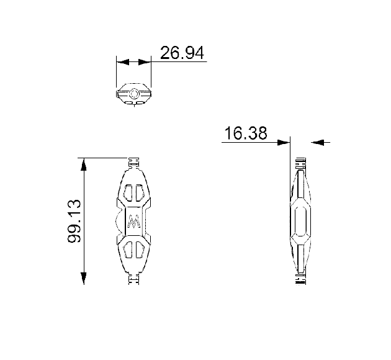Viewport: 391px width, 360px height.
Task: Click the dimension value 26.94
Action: (x=182, y=53)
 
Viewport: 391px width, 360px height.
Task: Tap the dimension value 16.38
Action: (x=246, y=133)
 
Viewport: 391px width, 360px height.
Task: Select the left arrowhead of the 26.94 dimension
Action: (x=123, y=62)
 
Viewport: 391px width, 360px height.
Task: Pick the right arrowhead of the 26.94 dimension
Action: (x=145, y=62)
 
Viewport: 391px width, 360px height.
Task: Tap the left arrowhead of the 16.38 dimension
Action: (x=284, y=143)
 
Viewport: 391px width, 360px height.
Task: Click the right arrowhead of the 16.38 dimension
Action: (x=317, y=143)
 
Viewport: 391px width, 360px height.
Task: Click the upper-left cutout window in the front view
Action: (x=128, y=193)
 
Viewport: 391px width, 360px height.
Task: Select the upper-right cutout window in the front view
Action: (x=140, y=193)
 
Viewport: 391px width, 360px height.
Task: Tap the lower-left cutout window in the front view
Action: (x=128, y=250)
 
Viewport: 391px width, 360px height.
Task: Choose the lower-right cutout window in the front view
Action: (x=140, y=250)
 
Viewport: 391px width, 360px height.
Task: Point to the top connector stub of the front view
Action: (x=134, y=163)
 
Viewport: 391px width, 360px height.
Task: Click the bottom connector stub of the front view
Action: (x=134, y=279)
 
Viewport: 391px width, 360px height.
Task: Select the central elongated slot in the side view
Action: (x=301, y=221)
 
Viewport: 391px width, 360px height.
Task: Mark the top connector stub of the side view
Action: (x=301, y=164)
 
